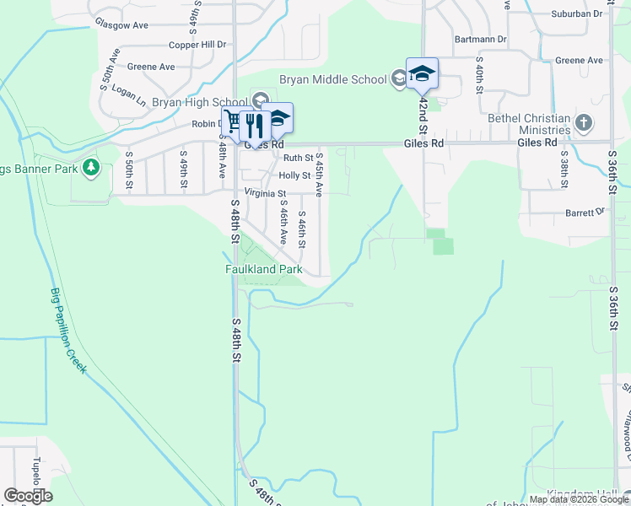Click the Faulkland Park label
tap(263, 269)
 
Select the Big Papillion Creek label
tap(68, 331)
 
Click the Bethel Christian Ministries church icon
tap(582, 124)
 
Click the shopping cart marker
tap(233, 122)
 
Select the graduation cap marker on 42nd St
tap(422, 73)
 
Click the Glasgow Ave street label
tap(121, 25)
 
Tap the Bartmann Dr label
tap(480, 39)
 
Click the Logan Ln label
tap(129, 94)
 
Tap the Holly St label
tap(294, 175)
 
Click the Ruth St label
tap(298, 158)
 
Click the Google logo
tap(28, 496)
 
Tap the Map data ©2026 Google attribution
tap(580, 499)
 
